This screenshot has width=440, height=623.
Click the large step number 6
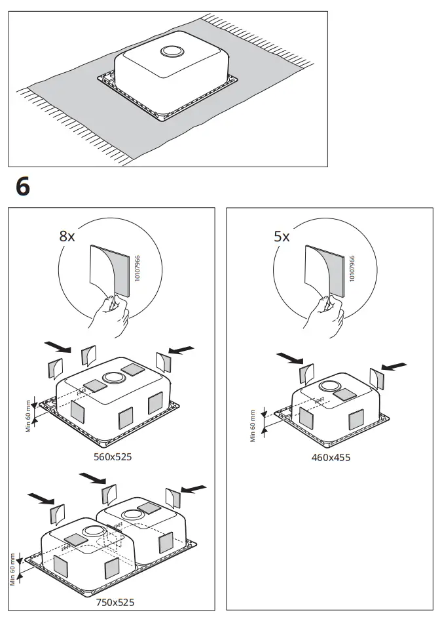[x=22, y=186]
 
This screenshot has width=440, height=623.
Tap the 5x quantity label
[x=282, y=237]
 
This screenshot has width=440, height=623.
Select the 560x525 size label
[x=112, y=456]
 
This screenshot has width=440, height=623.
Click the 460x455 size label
[x=331, y=457]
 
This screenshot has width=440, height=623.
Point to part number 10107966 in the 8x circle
[x=137, y=270]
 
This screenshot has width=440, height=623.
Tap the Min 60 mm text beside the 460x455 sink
[x=253, y=426]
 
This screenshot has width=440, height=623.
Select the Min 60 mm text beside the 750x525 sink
[x=12, y=569]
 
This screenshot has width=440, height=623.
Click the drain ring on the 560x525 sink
[x=114, y=378]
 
